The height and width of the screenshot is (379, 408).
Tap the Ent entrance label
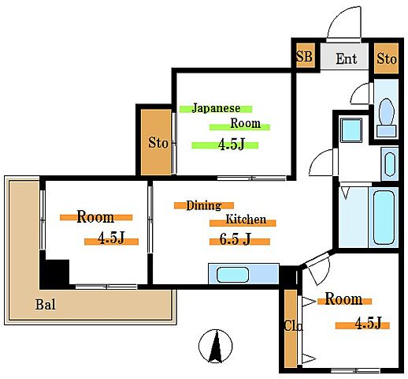point(347,58)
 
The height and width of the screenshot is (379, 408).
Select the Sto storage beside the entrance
point(387,58)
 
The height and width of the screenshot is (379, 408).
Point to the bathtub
point(384,217)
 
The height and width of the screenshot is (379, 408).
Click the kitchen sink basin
point(232,275)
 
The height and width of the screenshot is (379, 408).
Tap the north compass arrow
point(216,346)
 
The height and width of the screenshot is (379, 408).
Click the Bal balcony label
point(46,305)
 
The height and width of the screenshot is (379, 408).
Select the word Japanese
point(216,108)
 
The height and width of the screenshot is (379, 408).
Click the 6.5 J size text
point(235,239)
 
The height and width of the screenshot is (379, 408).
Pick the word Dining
point(204,205)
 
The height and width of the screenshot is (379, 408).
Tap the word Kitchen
point(246,220)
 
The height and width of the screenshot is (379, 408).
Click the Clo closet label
point(294,326)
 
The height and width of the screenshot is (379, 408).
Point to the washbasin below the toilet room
point(390,164)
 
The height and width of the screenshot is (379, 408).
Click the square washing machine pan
point(351,130)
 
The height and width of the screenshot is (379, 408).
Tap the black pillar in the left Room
point(57,272)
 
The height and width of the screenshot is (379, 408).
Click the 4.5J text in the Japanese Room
point(232,144)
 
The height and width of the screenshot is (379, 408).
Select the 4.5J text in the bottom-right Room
point(368,323)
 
